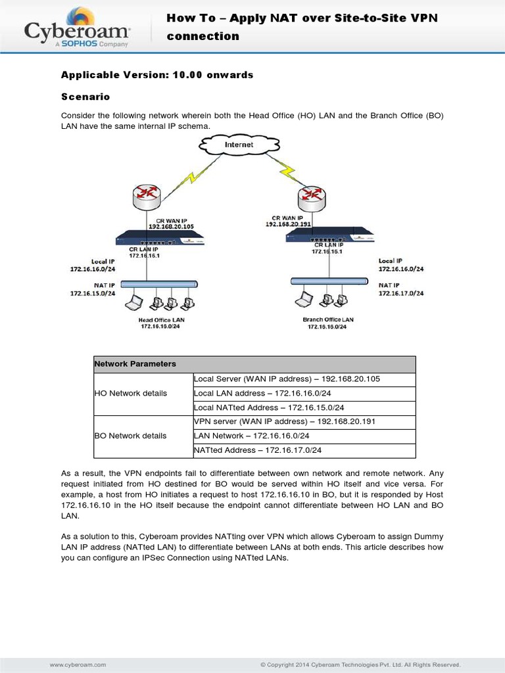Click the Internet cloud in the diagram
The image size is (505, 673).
(x=238, y=145)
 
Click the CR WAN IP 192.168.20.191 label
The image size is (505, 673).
(x=287, y=220)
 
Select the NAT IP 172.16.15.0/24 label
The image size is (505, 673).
(x=93, y=289)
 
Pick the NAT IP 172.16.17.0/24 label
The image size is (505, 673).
(x=401, y=289)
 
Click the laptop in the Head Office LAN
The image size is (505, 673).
(x=135, y=303)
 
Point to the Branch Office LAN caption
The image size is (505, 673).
(x=327, y=323)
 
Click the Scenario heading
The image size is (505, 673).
(x=85, y=97)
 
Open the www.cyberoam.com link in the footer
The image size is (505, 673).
(x=78, y=664)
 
